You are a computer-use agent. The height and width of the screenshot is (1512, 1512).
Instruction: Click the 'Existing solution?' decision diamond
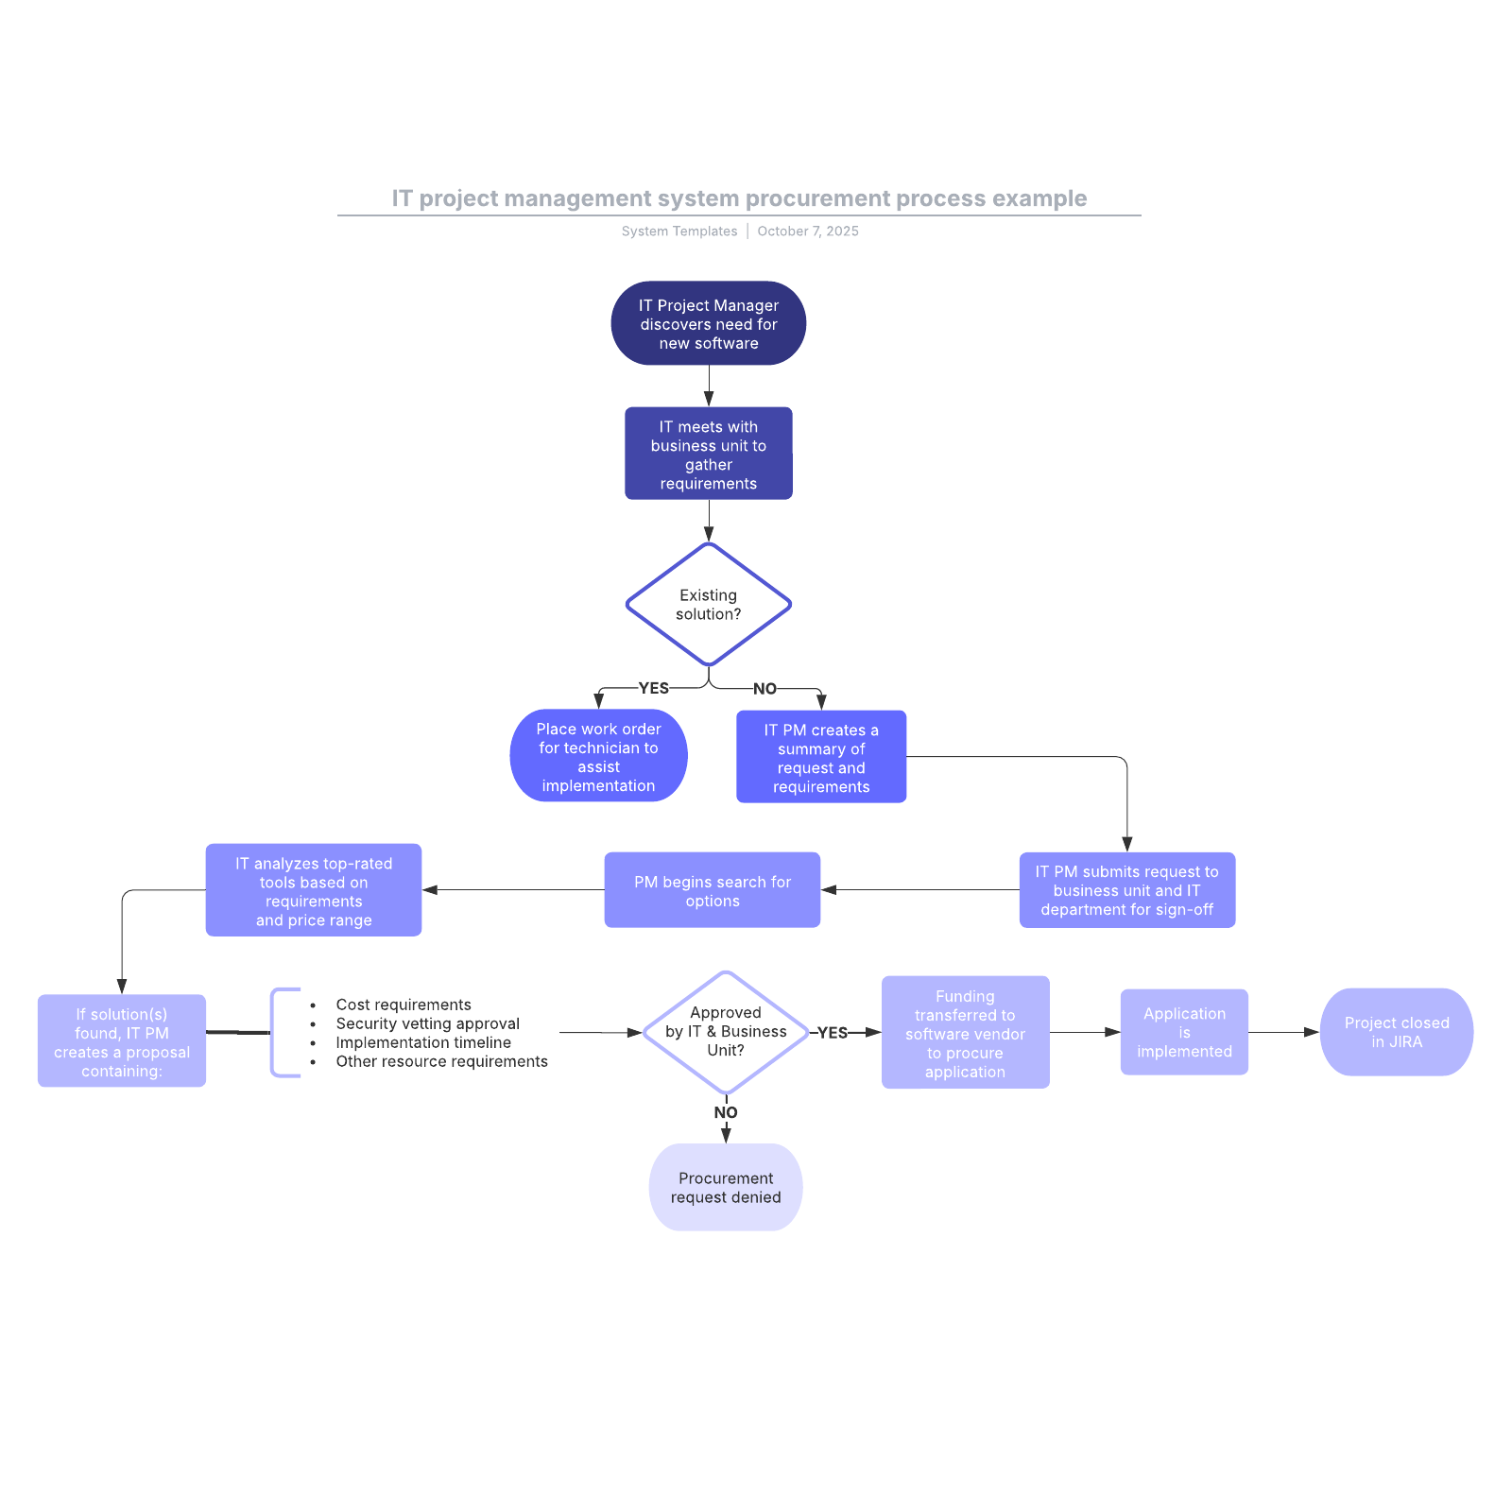[708, 605]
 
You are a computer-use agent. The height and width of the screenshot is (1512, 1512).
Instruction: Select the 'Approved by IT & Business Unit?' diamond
[725, 1032]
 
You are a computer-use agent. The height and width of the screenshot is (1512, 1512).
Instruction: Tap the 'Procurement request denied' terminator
[725, 1187]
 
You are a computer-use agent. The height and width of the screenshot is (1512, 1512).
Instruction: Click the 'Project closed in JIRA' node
[1396, 1032]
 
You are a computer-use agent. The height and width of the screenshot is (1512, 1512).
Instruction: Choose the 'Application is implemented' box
[1183, 1032]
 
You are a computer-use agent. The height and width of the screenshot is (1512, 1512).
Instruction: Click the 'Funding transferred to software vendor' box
[965, 1033]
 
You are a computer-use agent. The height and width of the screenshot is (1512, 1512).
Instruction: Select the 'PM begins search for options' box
[712, 890]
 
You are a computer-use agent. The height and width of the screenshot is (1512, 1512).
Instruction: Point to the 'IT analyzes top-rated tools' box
[313, 890]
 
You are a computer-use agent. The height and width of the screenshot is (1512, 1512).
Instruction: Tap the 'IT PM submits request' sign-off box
[1126, 890]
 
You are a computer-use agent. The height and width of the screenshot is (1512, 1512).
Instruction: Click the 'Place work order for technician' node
[598, 756]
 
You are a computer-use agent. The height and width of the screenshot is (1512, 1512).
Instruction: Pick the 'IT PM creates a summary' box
[820, 757]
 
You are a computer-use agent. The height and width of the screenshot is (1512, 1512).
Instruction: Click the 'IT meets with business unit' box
[708, 454]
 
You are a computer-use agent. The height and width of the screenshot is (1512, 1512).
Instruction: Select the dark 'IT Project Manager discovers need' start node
[708, 323]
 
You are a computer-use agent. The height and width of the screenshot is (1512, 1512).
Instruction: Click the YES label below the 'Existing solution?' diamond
[653, 688]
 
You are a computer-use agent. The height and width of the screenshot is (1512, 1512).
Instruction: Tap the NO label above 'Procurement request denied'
[725, 1112]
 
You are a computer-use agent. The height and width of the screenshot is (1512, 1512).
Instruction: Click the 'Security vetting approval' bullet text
[427, 1023]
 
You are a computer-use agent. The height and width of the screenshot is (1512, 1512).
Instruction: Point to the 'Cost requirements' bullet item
[403, 1005]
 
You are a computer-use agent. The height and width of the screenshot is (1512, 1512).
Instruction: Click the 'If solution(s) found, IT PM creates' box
[121, 1041]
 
